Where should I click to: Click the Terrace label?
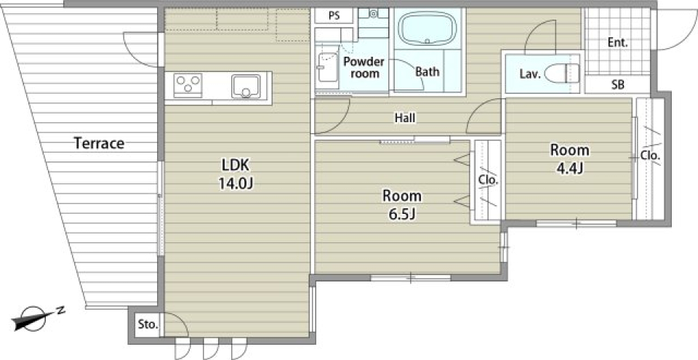tap(99, 143)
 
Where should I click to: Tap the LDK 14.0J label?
tap(236, 175)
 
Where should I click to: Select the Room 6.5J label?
tap(402, 205)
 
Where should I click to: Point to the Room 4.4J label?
tap(570, 159)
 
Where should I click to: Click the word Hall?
tap(405, 118)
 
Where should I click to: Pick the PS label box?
tap(334, 15)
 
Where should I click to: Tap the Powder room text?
tap(364, 68)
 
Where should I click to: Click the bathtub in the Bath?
tap(428, 28)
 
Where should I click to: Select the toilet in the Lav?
tap(562, 73)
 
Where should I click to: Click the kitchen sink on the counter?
tap(246, 87)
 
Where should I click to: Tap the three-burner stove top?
tap(188, 84)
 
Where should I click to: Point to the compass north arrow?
tap(36, 318)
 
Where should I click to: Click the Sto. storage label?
tap(148, 324)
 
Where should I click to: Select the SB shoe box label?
tap(617, 84)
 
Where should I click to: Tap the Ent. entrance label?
tap(618, 43)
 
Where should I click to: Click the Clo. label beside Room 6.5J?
tap(489, 180)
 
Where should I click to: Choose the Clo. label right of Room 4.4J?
tap(650, 156)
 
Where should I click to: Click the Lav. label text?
tap(530, 74)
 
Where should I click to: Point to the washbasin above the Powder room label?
tap(374, 14)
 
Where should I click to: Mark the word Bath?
tap(428, 71)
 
